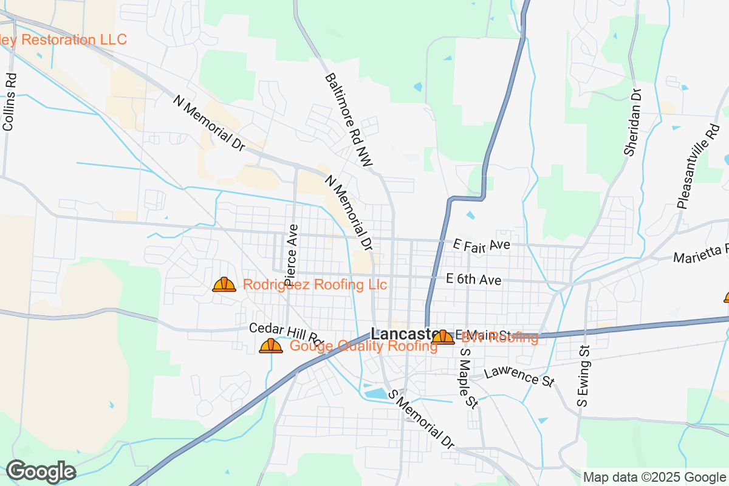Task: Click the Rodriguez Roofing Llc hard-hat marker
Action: (224, 284)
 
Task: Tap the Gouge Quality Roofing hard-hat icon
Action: (271, 346)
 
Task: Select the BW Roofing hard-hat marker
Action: (443, 337)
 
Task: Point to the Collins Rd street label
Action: (10, 102)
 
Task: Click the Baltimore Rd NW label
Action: (348, 120)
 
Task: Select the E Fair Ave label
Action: (481, 244)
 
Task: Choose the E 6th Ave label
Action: (473, 279)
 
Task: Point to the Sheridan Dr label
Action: (633, 122)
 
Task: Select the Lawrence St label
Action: (520, 375)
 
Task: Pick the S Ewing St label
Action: (584, 377)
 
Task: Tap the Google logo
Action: (41, 471)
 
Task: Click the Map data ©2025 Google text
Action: (654, 477)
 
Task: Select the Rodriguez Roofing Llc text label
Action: (315, 284)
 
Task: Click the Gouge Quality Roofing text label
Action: (363, 346)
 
